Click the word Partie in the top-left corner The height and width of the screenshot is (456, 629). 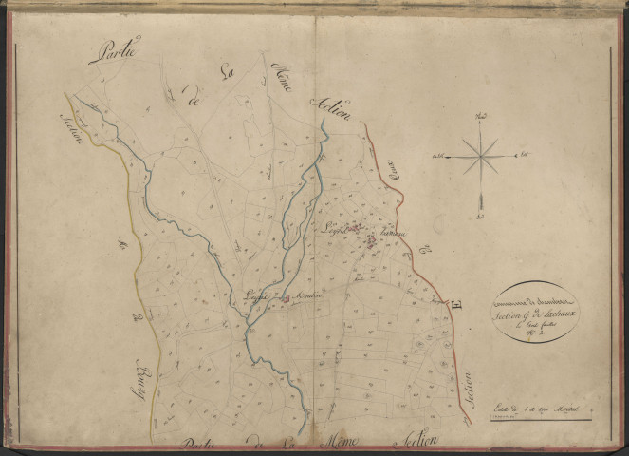[114, 50]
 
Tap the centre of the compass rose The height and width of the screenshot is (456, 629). [482, 153]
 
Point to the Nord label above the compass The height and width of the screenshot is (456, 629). [482, 118]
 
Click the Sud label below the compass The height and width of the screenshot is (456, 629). [481, 202]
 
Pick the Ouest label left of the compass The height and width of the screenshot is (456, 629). [437, 154]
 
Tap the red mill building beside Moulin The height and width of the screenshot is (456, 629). [284, 296]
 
